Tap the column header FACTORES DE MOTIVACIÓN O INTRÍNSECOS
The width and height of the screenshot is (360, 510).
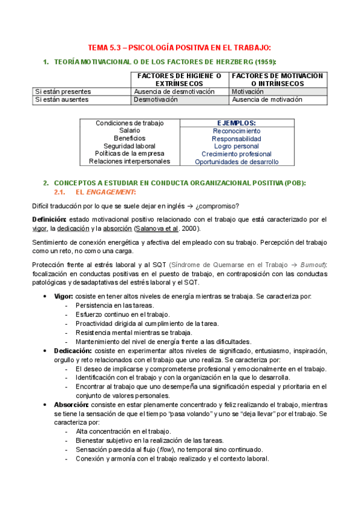(278, 79)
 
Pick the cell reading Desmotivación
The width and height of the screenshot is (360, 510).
(156, 100)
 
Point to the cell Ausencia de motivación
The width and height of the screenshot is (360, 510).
(267, 100)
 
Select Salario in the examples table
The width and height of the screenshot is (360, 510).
(130, 131)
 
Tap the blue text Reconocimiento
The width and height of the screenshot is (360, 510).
(236, 131)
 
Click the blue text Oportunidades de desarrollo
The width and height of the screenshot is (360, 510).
(237, 162)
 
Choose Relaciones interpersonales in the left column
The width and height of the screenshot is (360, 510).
(130, 161)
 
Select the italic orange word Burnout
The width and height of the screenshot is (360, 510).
(307, 265)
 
